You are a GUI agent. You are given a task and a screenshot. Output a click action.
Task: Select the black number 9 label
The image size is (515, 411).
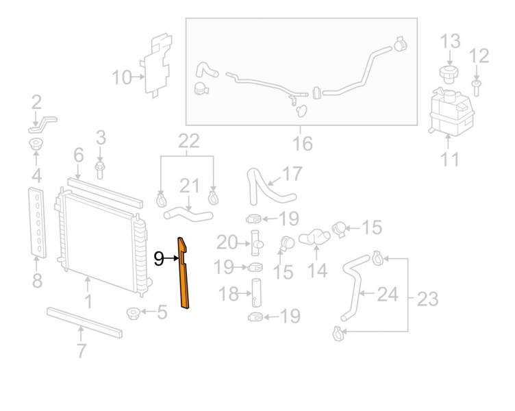pyautogui.click(x=159, y=259)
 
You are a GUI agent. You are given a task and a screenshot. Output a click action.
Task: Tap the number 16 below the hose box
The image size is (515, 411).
pyautogui.click(x=303, y=144)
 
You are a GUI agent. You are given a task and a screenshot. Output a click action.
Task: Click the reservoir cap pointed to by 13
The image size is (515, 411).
pyautogui.click(x=449, y=75)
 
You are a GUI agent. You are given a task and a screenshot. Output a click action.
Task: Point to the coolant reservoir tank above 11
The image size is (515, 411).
pyautogui.click(x=451, y=110)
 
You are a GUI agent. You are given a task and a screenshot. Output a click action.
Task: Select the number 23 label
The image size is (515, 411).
pyautogui.click(x=427, y=299)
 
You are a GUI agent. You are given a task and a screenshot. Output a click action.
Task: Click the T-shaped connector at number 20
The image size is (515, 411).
pyautogui.click(x=255, y=243)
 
